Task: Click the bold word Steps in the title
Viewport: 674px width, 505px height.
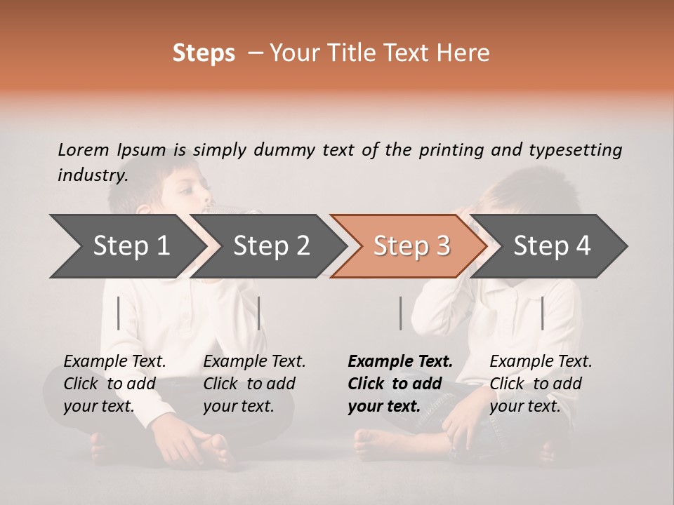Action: point(204,53)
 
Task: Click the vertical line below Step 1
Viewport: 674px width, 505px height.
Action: point(119,313)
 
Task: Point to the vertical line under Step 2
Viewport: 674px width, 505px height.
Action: point(259,313)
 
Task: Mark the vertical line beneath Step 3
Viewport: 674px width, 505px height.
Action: point(400,313)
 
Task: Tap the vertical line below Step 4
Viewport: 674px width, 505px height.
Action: point(542,313)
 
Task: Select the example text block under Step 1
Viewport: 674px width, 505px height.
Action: point(114,383)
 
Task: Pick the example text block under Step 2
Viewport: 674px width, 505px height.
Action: point(254,383)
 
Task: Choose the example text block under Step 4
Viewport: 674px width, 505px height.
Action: point(541,383)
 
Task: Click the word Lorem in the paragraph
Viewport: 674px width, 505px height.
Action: point(83,149)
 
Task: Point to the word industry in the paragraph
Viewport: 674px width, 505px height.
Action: point(92,175)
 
